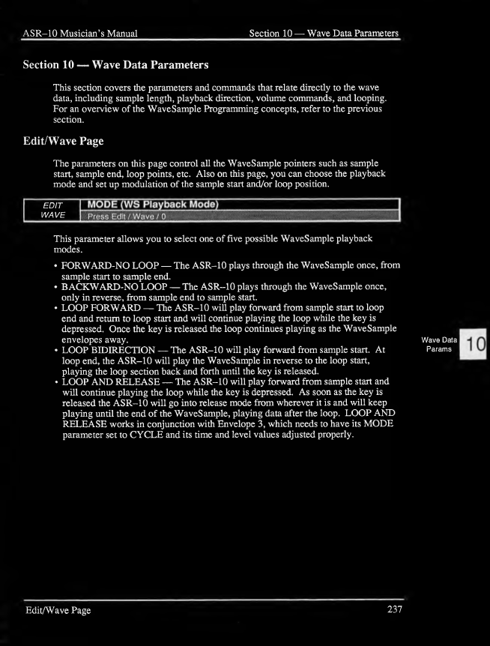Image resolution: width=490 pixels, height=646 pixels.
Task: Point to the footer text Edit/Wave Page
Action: coord(57,611)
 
